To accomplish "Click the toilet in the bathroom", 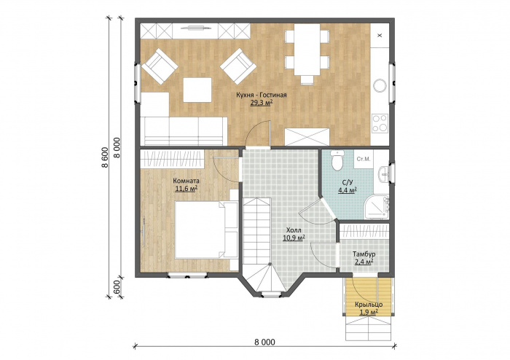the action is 337,160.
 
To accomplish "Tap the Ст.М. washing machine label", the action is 364,159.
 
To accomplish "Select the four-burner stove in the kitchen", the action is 380,122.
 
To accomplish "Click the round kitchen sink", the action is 380,85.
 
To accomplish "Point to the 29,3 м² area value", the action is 261,103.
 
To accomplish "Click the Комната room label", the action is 186,181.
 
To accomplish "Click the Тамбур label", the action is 364,254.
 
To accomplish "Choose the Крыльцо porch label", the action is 369,305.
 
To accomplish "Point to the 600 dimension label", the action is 117,287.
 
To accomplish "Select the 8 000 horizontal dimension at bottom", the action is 264,342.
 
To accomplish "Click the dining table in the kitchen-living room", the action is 307,50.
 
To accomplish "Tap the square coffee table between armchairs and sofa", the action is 197,90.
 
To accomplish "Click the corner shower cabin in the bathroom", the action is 377,207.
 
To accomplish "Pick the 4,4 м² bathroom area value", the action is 348,191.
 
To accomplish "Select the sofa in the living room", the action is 184,131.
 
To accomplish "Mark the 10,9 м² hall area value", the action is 294,238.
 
